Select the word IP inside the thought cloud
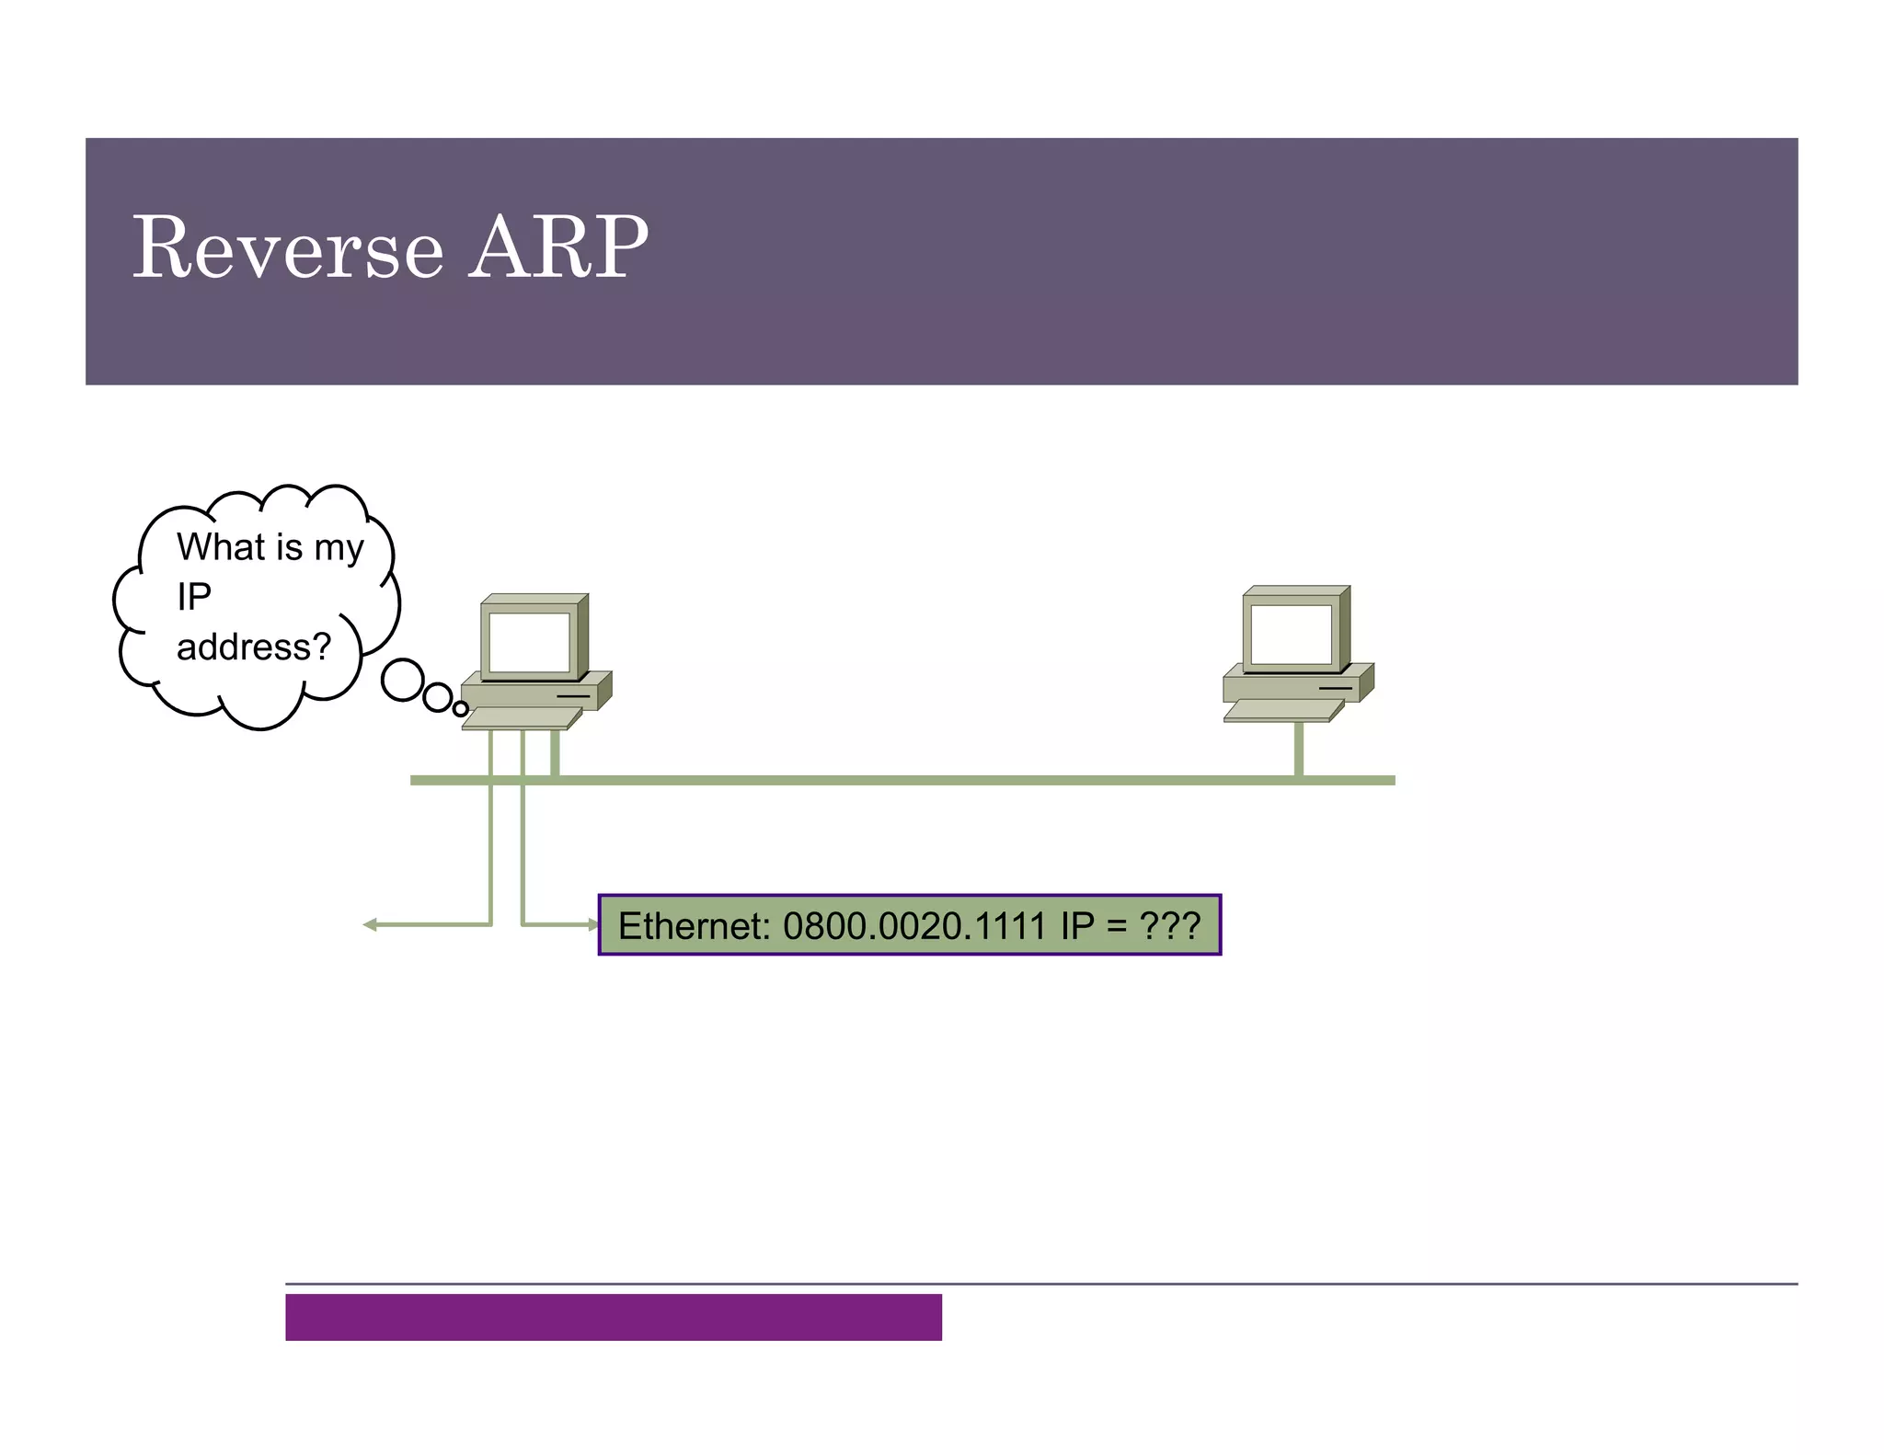pos(194,597)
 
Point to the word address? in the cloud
pos(253,647)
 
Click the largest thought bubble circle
pos(402,681)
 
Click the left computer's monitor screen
pos(529,642)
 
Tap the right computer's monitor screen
pos(1291,634)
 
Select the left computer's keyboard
pos(521,718)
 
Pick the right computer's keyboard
pos(1282,710)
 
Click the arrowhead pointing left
pos(370,924)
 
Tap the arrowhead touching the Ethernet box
pos(592,924)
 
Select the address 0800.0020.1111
pos(914,925)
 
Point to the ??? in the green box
pos(1169,925)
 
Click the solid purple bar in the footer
pos(613,1317)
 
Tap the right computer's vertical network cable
pos(1298,749)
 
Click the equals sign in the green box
pos(1116,925)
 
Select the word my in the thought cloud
pos(339,549)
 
